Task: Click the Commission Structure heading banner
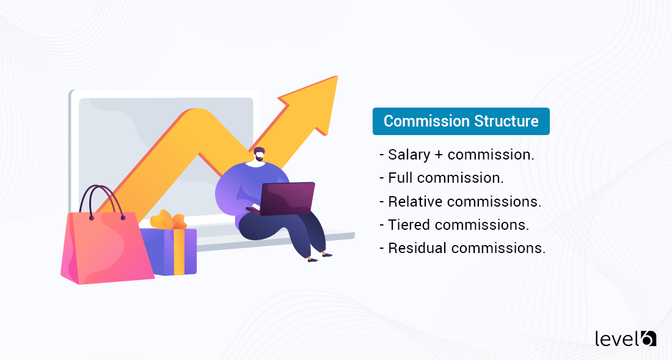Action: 461,121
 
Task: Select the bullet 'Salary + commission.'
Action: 457,155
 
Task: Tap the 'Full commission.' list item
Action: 442,178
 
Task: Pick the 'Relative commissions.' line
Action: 461,201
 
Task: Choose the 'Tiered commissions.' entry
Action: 454,224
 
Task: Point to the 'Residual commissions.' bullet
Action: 462,248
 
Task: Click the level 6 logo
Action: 625,339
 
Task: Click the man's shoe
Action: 327,254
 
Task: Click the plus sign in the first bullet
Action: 439,155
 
